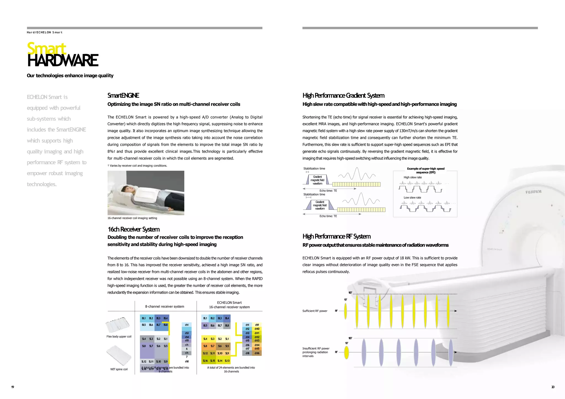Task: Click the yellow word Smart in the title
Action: [x=47, y=48]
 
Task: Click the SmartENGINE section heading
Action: [x=123, y=96]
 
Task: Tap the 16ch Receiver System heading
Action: [x=134, y=229]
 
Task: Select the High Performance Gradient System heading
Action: [x=343, y=96]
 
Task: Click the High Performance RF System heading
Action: [x=336, y=236]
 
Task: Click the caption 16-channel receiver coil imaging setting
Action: [x=132, y=218]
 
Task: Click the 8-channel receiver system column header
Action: [x=164, y=306]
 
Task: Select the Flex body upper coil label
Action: [x=119, y=336]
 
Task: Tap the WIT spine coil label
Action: [x=119, y=369]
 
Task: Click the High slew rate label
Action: [x=412, y=177]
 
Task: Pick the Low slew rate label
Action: [x=412, y=198]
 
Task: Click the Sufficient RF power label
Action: [x=315, y=311]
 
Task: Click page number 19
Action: [x=12, y=387]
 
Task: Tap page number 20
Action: [x=553, y=387]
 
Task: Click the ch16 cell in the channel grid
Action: [x=257, y=353]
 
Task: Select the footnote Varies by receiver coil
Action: [x=138, y=166]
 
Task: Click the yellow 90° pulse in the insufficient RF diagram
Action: [x=347, y=352]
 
